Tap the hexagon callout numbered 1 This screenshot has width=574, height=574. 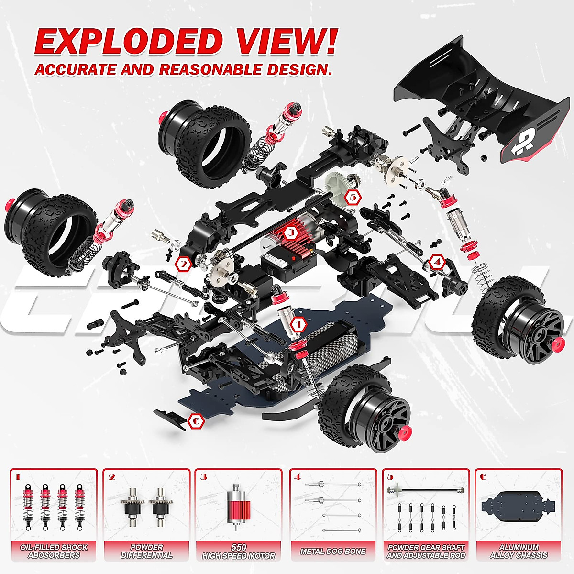click(x=299, y=325)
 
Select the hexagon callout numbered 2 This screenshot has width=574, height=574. click(x=183, y=264)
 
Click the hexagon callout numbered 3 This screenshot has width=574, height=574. click(x=290, y=233)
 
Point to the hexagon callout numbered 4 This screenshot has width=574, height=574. click(x=436, y=262)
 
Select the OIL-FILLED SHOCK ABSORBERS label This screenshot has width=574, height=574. click(x=54, y=551)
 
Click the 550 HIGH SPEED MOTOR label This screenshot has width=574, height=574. click(x=238, y=552)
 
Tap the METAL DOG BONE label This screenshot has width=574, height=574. click(x=333, y=551)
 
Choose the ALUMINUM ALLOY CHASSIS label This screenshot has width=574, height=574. click(x=519, y=551)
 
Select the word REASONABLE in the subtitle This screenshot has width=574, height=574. click(x=210, y=69)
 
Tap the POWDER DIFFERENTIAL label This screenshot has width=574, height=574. click(x=146, y=551)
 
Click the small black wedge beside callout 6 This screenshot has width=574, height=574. click(x=171, y=418)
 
